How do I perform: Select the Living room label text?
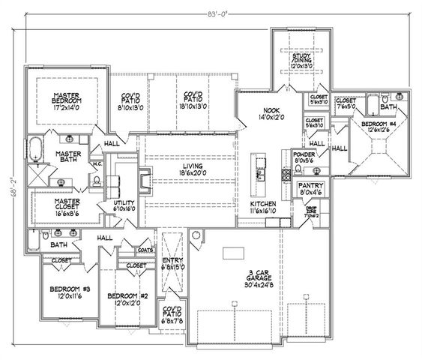[193, 169]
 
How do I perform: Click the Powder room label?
[305, 157]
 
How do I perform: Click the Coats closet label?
[147, 250]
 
